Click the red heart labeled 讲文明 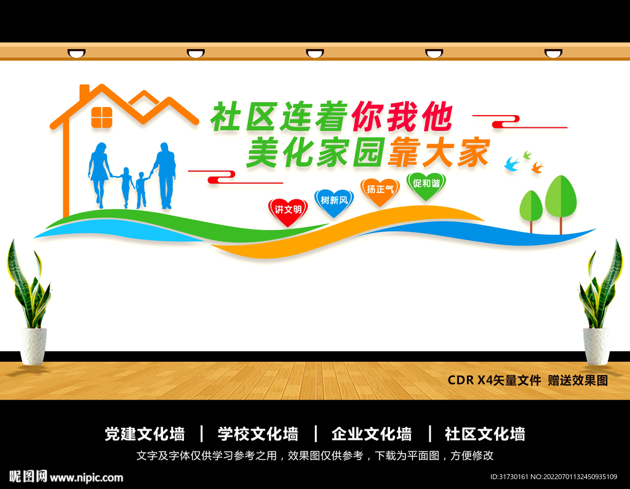click(x=288, y=211)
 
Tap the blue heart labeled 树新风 click(x=334, y=202)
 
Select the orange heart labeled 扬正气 click(x=380, y=191)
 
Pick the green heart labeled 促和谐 click(x=426, y=185)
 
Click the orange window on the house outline click(x=102, y=117)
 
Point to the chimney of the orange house click(x=84, y=93)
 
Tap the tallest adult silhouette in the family click(x=165, y=175)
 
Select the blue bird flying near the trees click(x=512, y=164)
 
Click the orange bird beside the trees click(x=537, y=167)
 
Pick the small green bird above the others click(x=527, y=154)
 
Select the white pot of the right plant click(x=596, y=346)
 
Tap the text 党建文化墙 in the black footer click(x=145, y=434)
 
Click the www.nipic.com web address click(x=87, y=477)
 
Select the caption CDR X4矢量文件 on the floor click(x=494, y=380)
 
